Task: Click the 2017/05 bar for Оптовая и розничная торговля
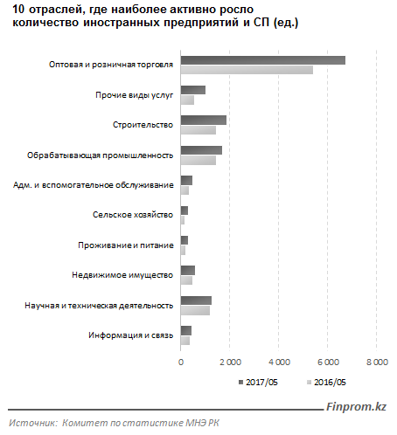(263, 60)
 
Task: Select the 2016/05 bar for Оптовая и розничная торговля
(247, 70)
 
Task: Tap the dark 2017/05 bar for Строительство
(204, 120)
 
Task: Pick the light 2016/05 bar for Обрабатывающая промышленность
(198, 160)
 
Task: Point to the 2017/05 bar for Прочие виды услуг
(193, 90)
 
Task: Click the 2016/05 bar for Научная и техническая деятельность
(195, 311)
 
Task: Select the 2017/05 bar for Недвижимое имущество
(188, 271)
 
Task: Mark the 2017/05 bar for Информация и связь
(186, 330)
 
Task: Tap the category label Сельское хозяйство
(133, 215)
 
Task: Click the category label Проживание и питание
(126, 245)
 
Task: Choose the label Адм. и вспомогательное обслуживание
(94, 185)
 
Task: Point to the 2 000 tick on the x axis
(230, 362)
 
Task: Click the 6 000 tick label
(328, 362)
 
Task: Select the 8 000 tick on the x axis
(377, 362)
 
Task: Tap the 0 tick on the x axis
(181, 362)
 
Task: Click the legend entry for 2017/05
(258, 383)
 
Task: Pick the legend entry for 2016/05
(326, 383)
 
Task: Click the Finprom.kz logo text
(356, 406)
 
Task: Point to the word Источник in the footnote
(33, 423)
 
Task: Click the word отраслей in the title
(54, 10)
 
